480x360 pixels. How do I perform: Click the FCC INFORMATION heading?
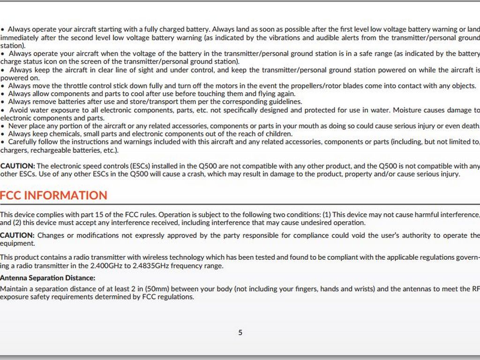[53, 195]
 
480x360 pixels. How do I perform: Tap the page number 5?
[240, 333]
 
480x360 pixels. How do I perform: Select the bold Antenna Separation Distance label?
[47, 278]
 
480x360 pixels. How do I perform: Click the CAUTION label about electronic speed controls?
[17, 166]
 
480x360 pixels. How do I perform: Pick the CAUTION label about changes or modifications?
[17, 235]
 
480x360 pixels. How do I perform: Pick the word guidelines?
[285, 102]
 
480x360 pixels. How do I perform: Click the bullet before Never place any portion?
[3, 126]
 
